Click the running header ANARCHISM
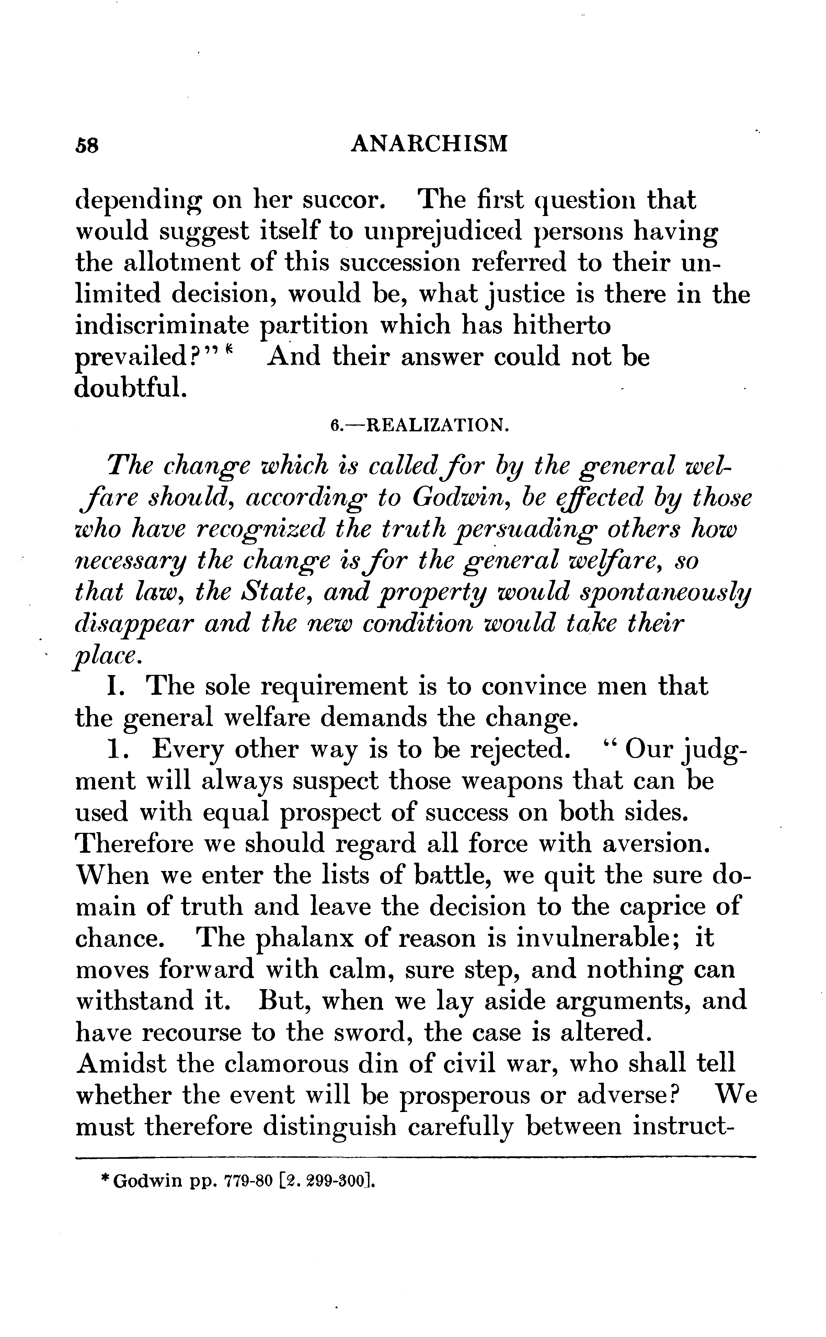pyautogui.click(x=429, y=144)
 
